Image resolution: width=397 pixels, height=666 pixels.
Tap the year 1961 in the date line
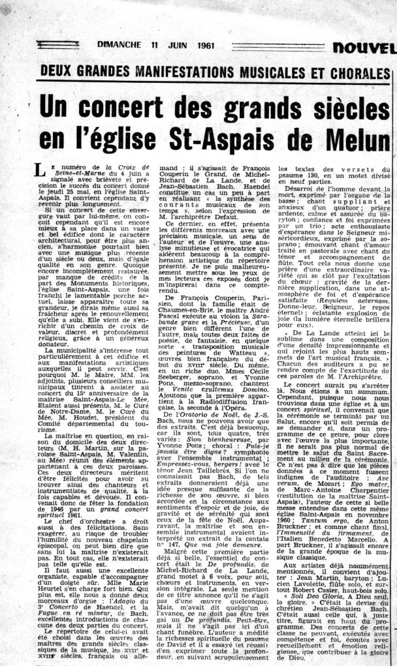coord(204,45)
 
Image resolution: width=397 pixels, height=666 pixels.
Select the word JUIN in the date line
coord(176,45)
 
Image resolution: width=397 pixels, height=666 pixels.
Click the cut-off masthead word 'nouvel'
coord(365,47)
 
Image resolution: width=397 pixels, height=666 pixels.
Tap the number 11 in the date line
coord(154,45)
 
